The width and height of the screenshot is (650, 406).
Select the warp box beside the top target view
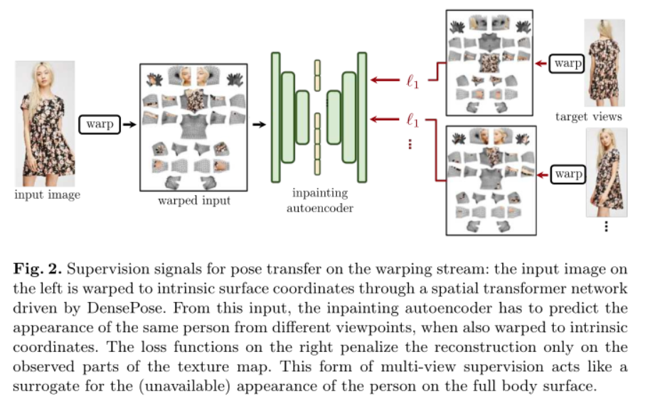tap(568, 64)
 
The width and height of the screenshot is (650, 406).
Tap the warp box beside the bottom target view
tap(568, 173)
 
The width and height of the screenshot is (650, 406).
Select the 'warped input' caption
tap(194, 201)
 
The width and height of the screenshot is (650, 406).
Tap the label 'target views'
tap(589, 117)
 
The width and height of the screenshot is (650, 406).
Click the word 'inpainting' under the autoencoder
tap(319, 194)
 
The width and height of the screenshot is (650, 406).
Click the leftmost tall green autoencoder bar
tap(275, 117)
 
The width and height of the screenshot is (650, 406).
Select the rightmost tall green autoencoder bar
tap(362, 117)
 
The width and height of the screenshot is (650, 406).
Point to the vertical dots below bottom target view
tap(606, 227)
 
